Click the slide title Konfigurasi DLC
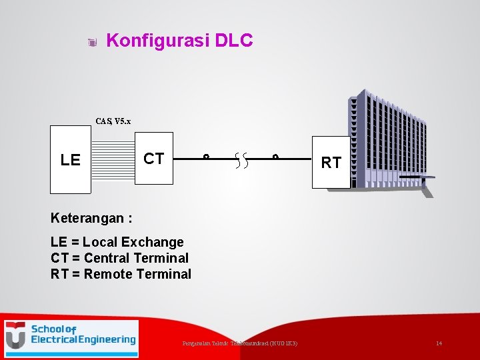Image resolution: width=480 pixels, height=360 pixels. point(179,41)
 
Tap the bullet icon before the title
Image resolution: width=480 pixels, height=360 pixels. point(93,43)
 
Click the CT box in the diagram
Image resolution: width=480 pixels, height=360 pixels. point(154,159)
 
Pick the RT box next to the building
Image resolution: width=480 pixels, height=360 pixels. point(331,162)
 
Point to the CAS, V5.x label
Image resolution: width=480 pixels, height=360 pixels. point(113,121)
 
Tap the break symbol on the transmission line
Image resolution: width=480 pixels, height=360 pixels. point(241,160)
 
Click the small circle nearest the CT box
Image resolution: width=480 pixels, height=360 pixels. point(206,158)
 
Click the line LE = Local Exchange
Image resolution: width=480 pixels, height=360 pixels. point(117,242)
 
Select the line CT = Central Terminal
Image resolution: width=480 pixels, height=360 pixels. point(120,258)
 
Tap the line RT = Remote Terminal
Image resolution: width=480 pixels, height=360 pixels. point(121,274)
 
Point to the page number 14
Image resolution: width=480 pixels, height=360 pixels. point(439,343)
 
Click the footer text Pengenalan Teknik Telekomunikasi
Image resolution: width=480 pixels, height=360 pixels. point(240,343)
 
